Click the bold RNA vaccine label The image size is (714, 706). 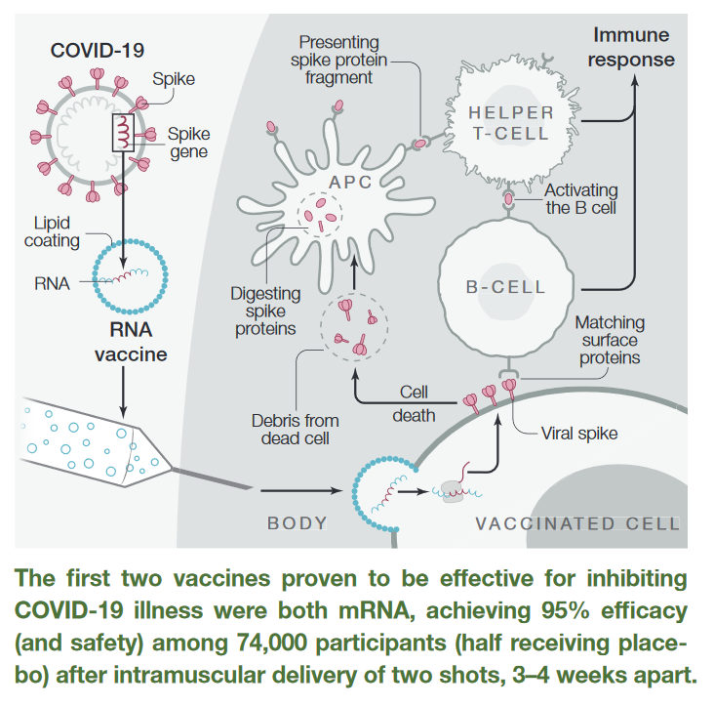(x=130, y=342)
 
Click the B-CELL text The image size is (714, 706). (x=505, y=288)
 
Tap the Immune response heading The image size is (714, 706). (x=634, y=47)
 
